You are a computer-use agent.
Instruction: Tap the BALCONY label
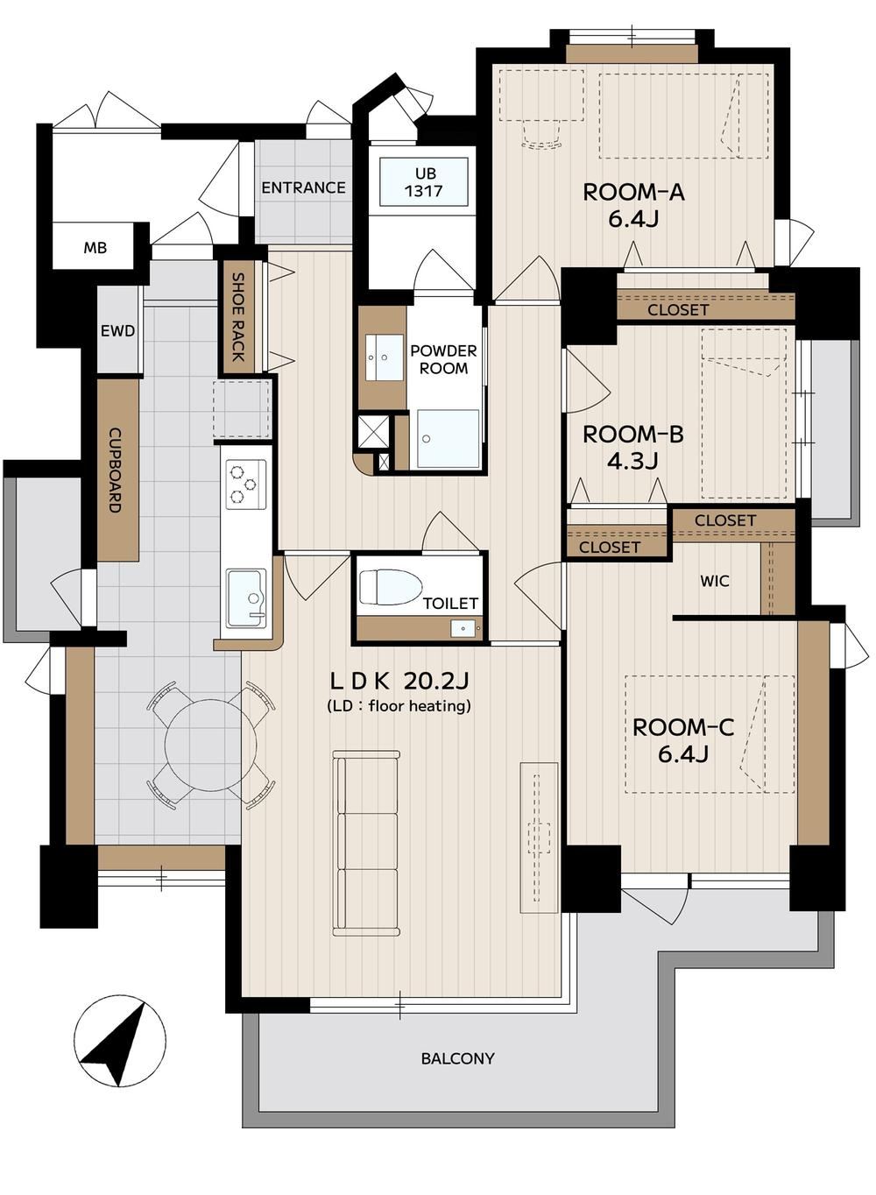coord(458,1058)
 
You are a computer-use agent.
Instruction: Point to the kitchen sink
coord(246,598)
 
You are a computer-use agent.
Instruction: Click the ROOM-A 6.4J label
coord(633,205)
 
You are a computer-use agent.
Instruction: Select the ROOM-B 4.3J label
coord(632,447)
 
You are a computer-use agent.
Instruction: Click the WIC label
coord(714,582)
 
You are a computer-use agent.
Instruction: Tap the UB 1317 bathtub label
coord(425,182)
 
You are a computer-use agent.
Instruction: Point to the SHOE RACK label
coord(238,317)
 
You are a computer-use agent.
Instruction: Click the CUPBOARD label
coord(115,470)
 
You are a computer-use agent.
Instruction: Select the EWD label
coord(118,331)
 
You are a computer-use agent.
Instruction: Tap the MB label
coord(95,248)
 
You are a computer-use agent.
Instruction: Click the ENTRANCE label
coord(304,187)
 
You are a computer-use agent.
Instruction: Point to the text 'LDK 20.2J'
coord(399,682)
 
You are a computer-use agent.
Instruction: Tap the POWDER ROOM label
coord(443,359)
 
